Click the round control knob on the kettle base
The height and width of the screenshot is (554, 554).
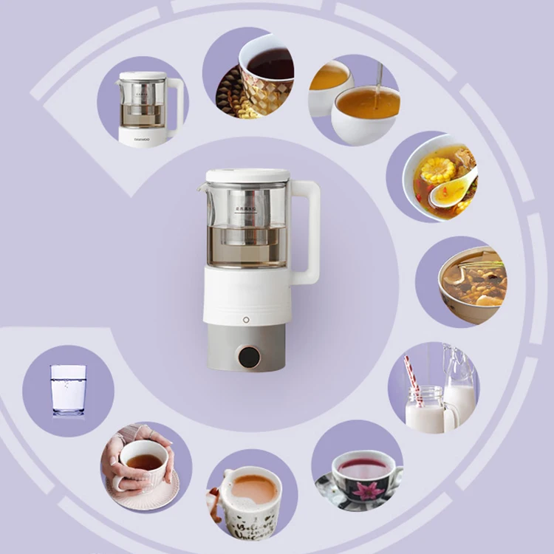[x=249, y=357]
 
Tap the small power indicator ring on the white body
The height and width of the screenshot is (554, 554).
[x=245, y=320]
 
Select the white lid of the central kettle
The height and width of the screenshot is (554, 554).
[x=247, y=176]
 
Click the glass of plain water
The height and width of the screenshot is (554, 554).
[x=68, y=389]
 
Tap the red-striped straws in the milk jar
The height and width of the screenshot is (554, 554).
[x=414, y=379]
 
